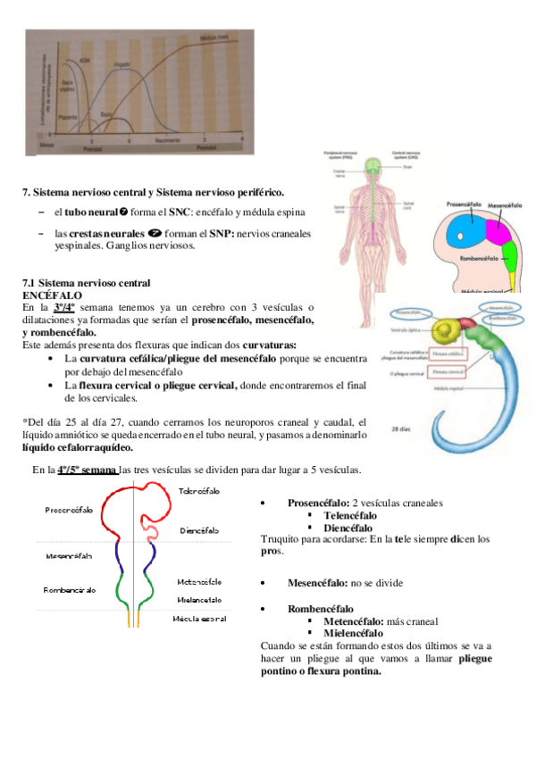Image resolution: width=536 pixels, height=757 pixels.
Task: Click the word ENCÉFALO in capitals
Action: [53, 295]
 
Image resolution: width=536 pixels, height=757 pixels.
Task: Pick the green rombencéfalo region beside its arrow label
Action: [510, 262]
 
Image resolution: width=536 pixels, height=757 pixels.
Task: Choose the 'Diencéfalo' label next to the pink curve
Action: [199, 530]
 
